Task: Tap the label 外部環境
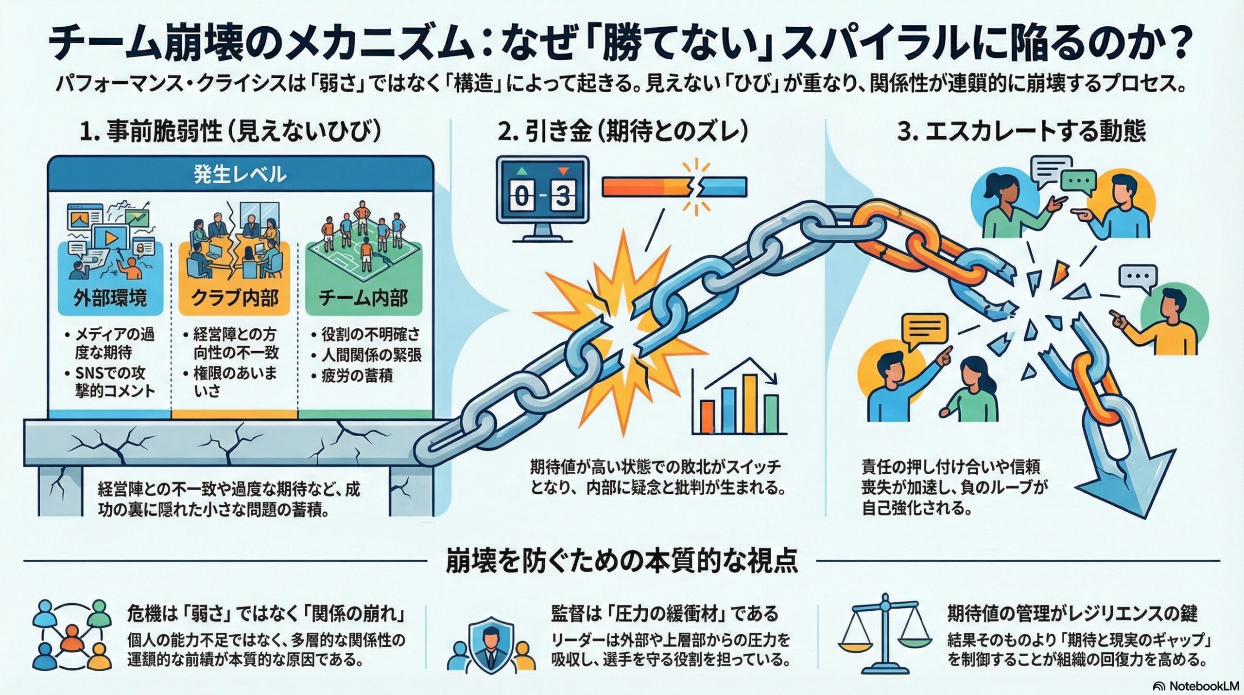coord(110,297)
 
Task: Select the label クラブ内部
coord(235,297)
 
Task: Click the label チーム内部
coord(363,297)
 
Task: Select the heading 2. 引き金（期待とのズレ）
coord(623,132)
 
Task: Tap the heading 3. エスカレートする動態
coord(1021,132)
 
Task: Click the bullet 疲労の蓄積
coord(357,375)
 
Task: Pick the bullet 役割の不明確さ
coord(370,334)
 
